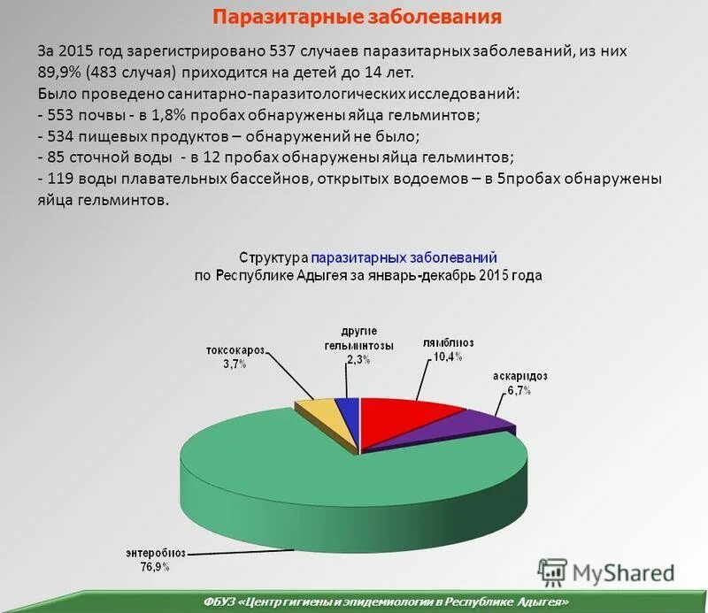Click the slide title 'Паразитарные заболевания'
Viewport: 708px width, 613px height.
(x=358, y=17)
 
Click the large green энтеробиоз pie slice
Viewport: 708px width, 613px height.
(x=354, y=495)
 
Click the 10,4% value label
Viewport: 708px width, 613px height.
(x=447, y=356)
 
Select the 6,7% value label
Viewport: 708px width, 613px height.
(x=519, y=390)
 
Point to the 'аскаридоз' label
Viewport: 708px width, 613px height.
(x=520, y=376)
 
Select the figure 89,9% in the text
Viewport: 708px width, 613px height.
(x=61, y=73)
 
